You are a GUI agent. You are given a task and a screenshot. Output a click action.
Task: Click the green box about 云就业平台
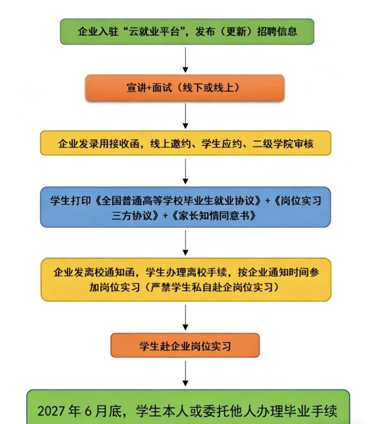(x=187, y=32)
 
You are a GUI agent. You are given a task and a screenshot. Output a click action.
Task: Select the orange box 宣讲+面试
(x=185, y=87)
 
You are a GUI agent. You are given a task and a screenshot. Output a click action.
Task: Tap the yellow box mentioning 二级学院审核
(x=185, y=143)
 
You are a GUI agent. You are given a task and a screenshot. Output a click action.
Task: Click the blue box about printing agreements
(x=185, y=207)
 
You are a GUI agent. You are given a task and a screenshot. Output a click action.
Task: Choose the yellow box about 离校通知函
(x=185, y=279)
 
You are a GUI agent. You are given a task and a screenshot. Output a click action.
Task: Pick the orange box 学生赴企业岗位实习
(x=185, y=346)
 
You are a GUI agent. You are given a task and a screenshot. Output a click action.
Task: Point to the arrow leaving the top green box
(x=185, y=60)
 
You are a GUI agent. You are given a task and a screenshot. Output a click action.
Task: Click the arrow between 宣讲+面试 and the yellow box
(x=185, y=116)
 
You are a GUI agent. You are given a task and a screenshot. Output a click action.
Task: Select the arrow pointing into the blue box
(x=185, y=171)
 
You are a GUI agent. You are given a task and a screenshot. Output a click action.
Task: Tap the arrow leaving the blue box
(x=185, y=243)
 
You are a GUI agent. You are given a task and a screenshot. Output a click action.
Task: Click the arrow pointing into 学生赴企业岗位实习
(x=185, y=317)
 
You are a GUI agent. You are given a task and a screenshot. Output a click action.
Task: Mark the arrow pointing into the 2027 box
(x=185, y=374)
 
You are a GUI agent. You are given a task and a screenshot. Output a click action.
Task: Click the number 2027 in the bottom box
(x=51, y=411)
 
